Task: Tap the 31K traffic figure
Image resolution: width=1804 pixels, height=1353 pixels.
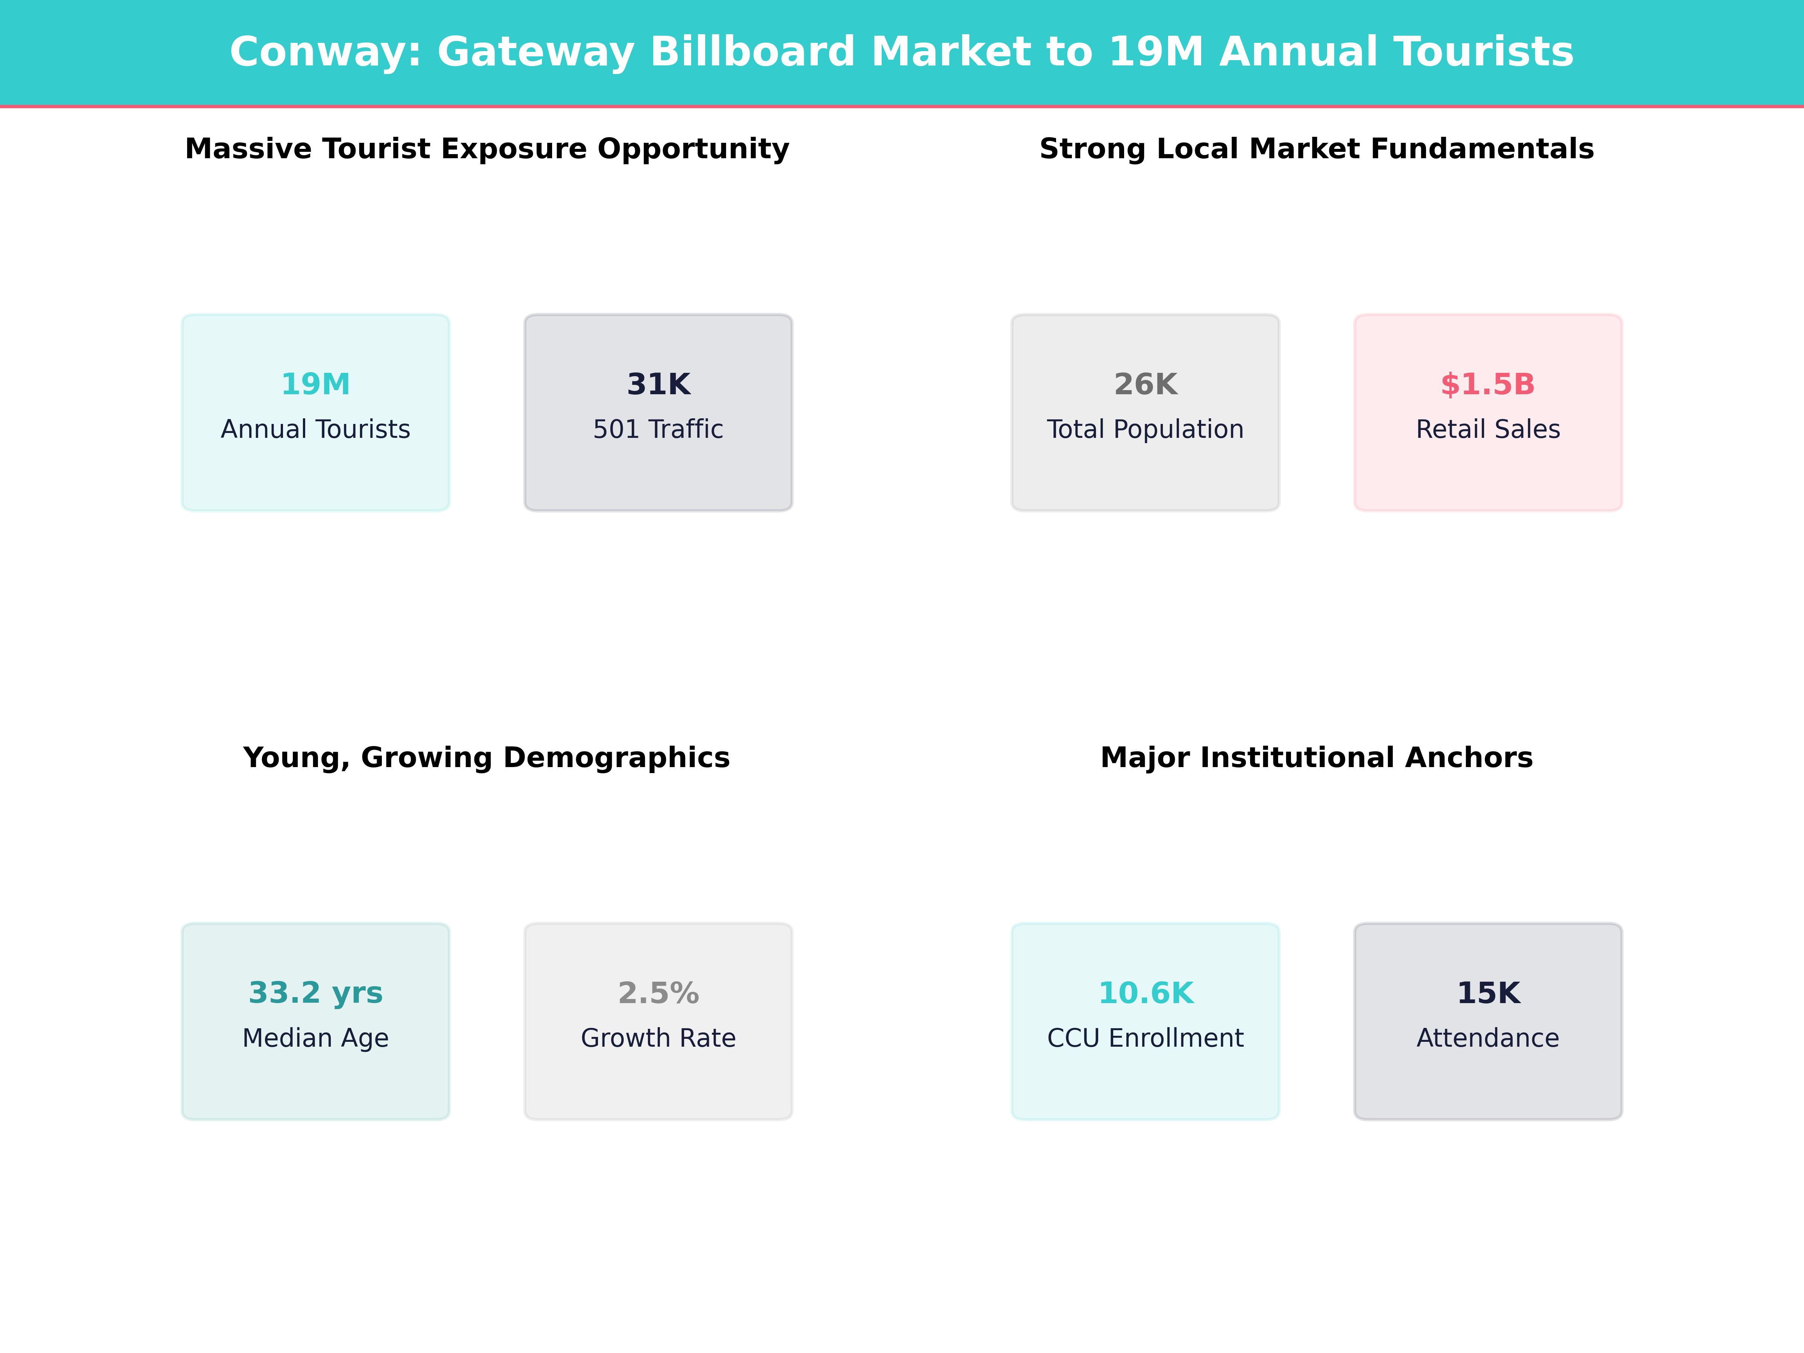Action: point(658,384)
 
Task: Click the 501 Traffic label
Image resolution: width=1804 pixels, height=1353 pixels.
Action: point(658,429)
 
